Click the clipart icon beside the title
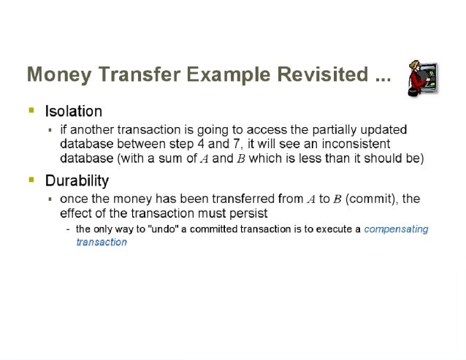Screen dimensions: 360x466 click(x=422, y=78)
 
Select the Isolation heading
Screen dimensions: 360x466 click(x=73, y=112)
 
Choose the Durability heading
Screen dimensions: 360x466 click(x=77, y=180)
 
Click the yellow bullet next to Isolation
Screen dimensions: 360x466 click(x=31, y=110)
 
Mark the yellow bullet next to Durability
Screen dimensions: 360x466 click(x=31, y=179)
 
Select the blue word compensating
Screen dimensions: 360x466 click(x=396, y=229)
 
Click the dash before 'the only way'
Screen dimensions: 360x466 click(x=68, y=229)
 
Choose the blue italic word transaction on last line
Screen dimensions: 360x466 click(x=102, y=242)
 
